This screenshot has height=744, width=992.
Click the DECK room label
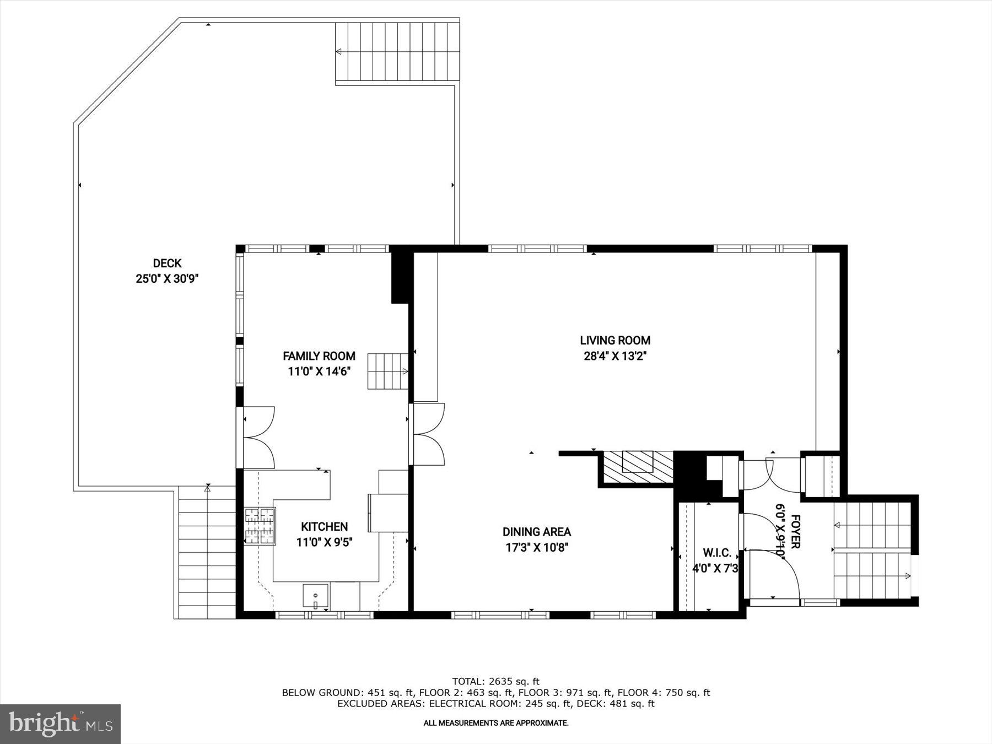pyautogui.click(x=167, y=263)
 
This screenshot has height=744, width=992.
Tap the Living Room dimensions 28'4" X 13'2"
pyautogui.click(x=614, y=356)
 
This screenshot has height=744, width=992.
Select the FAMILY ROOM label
pyautogui.click(x=319, y=356)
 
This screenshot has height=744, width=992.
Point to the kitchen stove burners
pyautogui.click(x=260, y=526)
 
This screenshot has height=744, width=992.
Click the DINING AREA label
pyautogui.click(x=536, y=532)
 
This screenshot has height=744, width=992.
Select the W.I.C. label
pyautogui.click(x=717, y=553)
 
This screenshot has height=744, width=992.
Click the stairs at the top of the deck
pyautogui.click(x=397, y=52)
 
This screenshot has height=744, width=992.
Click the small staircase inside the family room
pyautogui.click(x=388, y=371)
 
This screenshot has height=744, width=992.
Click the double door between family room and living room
pyautogui.click(x=429, y=434)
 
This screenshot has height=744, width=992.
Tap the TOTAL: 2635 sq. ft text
pyautogui.click(x=495, y=681)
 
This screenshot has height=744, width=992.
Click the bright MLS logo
pyautogui.click(x=60, y=724)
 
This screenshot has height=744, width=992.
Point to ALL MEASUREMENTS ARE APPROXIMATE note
pyautogui.click(x=495, y=723)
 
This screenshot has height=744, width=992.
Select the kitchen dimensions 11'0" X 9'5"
pyautogui.click(x=324, y=542)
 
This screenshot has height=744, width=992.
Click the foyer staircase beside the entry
pyautogui.click(x=872, y=551)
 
